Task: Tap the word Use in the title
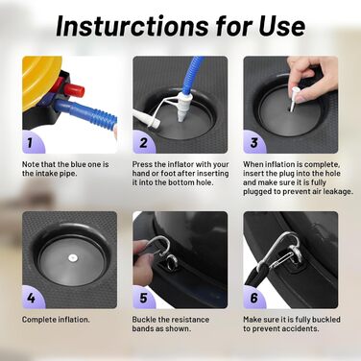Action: click(x=282, y=26)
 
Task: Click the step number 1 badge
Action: click(x=31, y=143)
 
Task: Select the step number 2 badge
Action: click(x=143, y=143)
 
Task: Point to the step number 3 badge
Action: click(x=253, y=143)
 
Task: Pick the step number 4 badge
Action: click(x=31, y=298)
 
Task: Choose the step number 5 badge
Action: click(x=143, y=298)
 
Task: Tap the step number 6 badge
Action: click(x=253, y=298)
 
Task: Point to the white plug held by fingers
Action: click(x=294, y=98)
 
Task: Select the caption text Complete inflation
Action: click(x=56, y=320)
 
